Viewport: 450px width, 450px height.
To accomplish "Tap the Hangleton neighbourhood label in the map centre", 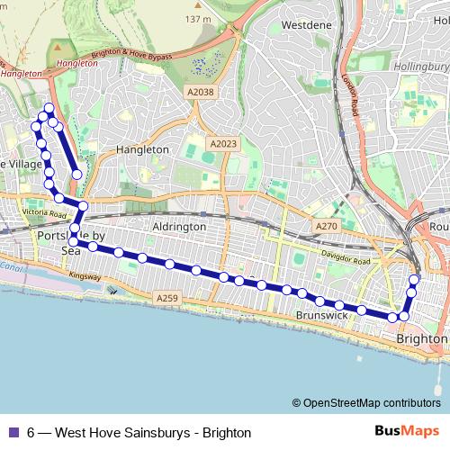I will click(x=142, y=149).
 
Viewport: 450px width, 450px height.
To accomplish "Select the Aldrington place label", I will click(x=180, y=228).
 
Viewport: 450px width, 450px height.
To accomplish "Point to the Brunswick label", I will click(x=321, y=317).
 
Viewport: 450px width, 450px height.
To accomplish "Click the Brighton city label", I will click(x=421, y=338).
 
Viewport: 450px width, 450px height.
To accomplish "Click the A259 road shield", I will click(x=167, y=298).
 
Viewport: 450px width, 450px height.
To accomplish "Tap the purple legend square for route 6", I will click(x=13, y=433).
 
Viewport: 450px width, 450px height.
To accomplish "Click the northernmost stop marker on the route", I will click(x=49, y=109).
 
